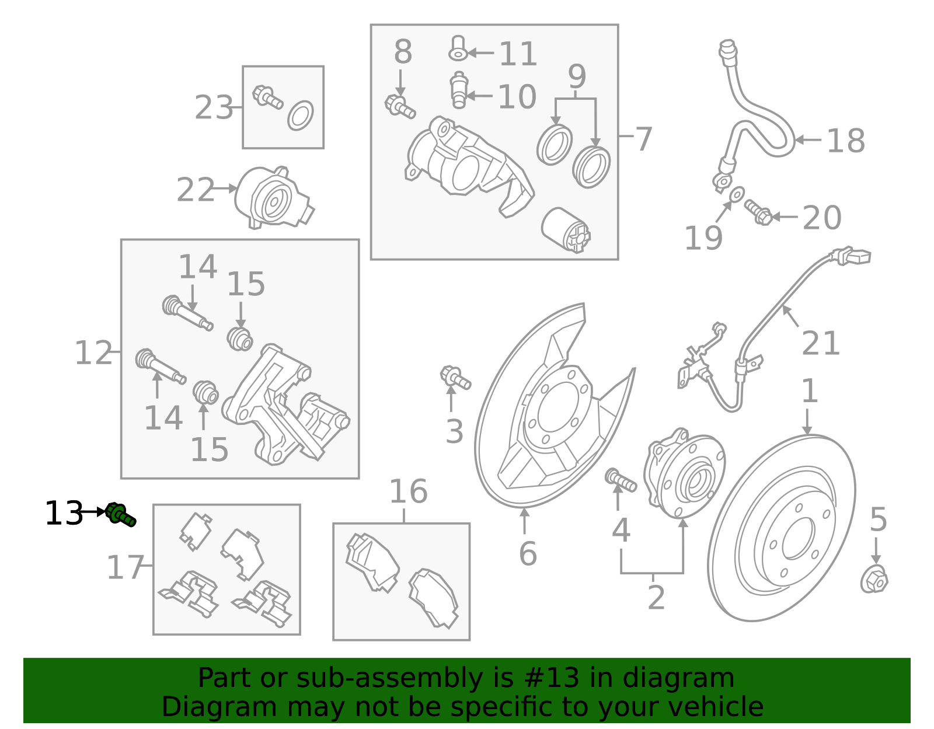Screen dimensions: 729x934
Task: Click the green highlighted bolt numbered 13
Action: (x=121, y=514)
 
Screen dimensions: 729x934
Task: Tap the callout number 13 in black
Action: (x=63, y=514)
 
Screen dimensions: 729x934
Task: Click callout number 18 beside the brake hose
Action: (x=845, y=141)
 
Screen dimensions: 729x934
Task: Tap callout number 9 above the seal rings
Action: (x=577, y=76)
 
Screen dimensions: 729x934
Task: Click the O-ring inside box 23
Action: (x=301, y=116)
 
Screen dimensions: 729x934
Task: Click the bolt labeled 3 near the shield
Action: (x=455, y=378)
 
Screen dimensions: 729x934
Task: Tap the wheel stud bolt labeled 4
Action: (x=621, y=480)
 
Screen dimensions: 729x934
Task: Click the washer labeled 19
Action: (x=737, y=193)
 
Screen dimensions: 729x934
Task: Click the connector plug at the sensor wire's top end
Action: (x=853, y=256)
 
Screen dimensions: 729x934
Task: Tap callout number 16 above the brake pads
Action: (x=408, y=491)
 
